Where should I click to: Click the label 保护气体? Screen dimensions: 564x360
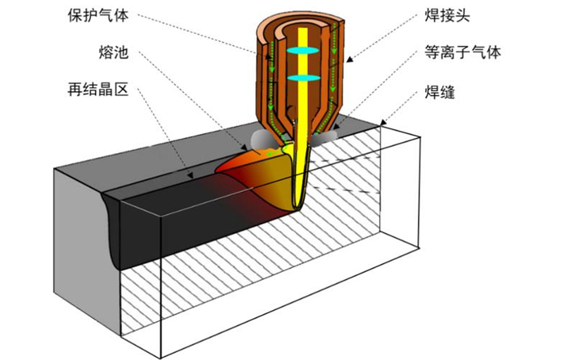pos(98,15)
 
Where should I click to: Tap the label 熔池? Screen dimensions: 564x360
pos(114,52)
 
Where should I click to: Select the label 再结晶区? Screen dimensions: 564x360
pos(98,89)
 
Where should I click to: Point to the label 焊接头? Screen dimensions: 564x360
pos(448,15)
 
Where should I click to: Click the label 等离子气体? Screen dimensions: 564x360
pos(462,52)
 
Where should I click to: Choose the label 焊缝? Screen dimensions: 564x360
pos(440,92)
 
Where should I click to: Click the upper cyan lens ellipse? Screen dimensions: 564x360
pos(303,51)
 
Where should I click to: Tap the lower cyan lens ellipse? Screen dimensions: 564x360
pos(303,78)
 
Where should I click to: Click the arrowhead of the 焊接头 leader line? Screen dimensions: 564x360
pos(349,59)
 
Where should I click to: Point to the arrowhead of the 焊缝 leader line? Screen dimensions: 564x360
pos(383,123)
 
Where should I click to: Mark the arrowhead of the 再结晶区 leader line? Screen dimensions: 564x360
pos(190,175)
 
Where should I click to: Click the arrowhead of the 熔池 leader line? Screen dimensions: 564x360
pos(244,147)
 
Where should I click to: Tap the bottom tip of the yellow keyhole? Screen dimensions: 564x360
pos(297,209)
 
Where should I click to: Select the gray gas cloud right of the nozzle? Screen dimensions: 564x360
pos(326,137)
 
